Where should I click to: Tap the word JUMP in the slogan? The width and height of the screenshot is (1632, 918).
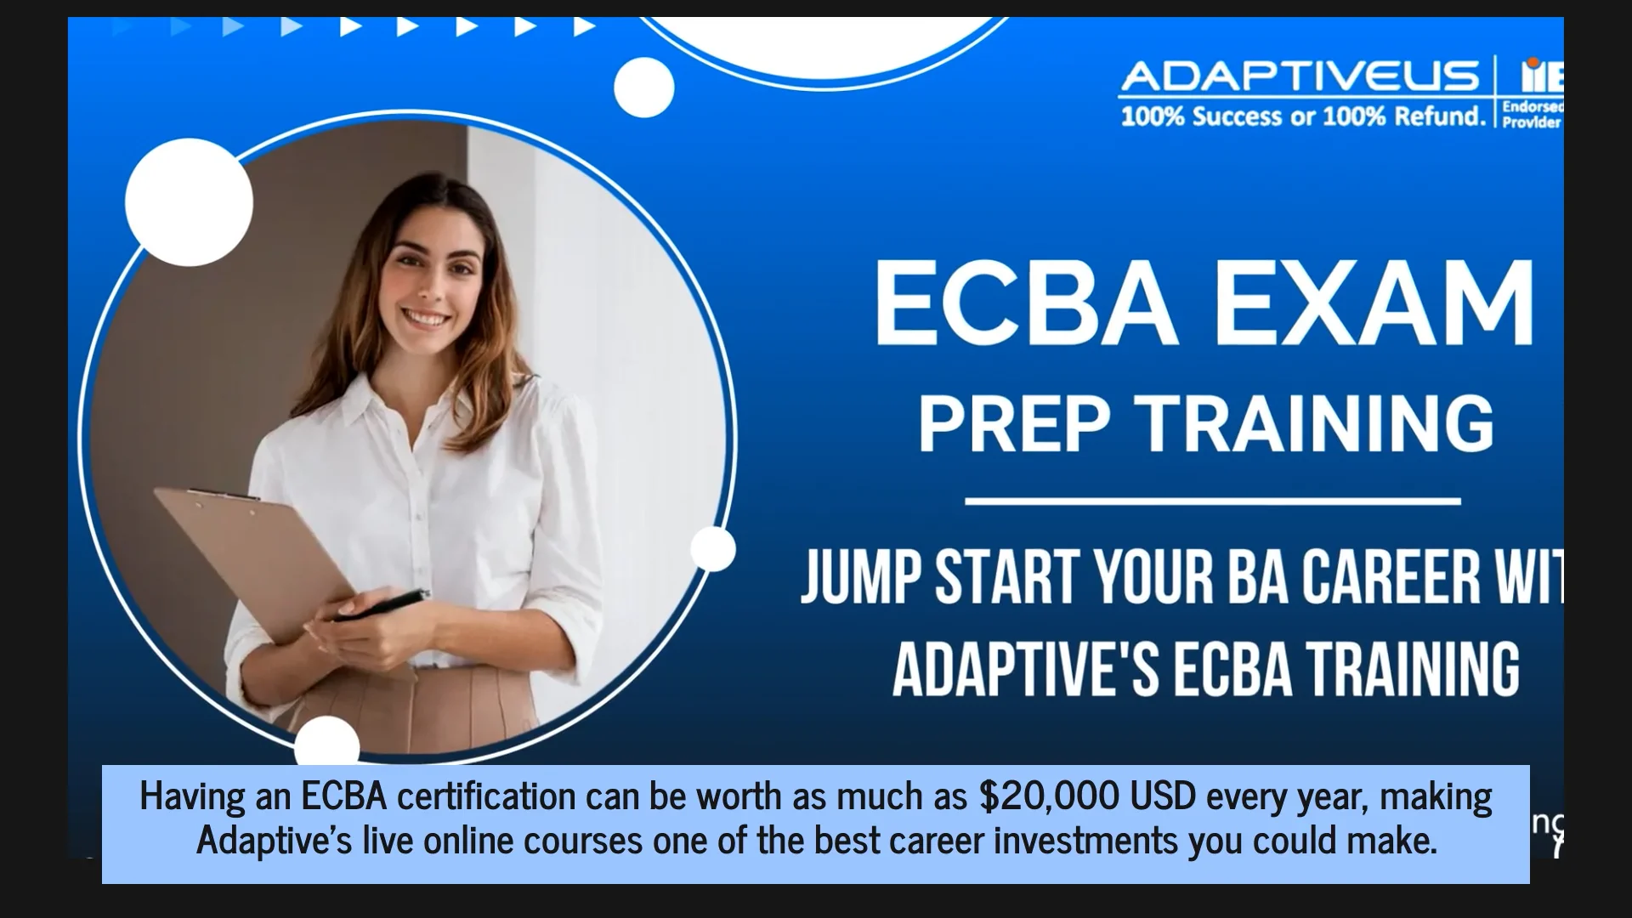click(861, 577)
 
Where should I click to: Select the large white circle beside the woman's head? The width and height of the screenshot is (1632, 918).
click(189, 202)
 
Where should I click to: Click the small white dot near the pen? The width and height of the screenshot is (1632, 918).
click(712, 548)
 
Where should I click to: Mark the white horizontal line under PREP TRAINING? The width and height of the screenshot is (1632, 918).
click(1212, 501)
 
